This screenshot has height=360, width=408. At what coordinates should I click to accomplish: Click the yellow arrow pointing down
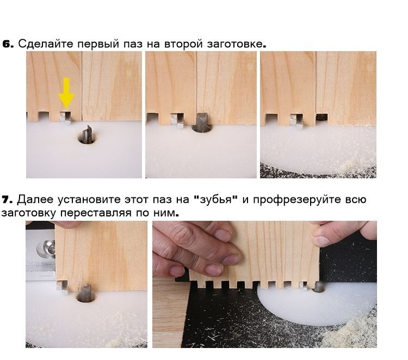(x=66, y=92)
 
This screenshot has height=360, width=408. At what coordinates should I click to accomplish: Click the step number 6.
(x=8, y=44)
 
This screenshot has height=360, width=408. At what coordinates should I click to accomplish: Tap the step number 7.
(x=7, y=200)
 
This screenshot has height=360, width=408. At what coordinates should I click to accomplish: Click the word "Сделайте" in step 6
(x=46, y=44)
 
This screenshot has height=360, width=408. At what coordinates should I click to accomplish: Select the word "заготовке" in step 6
(x=234, y=44)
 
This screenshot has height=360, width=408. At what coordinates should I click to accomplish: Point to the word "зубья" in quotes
(x=216, y=200)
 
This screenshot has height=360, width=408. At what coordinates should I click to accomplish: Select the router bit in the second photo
(x=202, y=122)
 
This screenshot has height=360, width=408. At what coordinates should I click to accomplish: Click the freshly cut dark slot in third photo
(x=322, y=117)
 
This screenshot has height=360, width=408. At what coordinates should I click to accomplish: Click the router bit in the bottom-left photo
(x=86, y=293)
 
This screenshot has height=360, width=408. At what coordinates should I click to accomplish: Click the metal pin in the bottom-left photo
(x=62, y=288)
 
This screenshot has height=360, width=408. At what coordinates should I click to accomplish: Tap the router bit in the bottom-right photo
(x=319, y=287)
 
